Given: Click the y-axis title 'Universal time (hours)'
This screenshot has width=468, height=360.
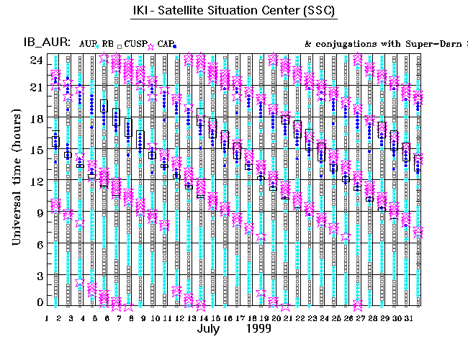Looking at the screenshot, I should click(x=16, y=179).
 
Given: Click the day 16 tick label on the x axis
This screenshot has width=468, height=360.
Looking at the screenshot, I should click(x=227, y=318).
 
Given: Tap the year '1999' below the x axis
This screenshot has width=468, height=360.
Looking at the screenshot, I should click(x=258, y=330).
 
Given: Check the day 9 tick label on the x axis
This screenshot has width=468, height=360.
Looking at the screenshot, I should click(x=143, y=318).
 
